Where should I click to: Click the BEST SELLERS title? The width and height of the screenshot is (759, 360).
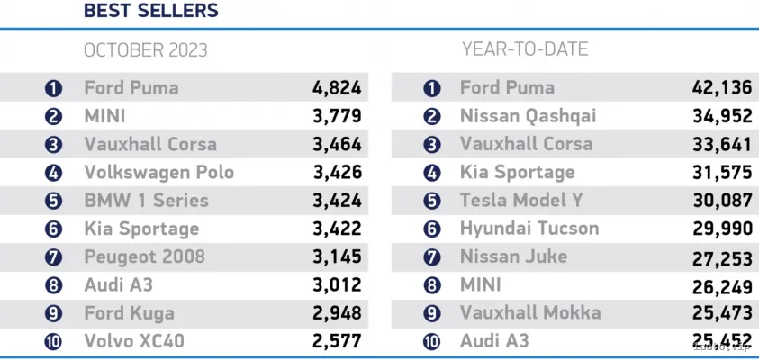[x=150, y=12]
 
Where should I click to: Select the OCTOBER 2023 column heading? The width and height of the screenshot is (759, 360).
[x=145, y=50]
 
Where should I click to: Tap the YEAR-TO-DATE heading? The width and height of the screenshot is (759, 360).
[x=524, y=49]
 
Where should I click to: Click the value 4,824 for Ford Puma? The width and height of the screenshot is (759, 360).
[x=337, y=88]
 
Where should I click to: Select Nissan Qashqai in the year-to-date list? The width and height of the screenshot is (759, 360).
[x=528, y=116]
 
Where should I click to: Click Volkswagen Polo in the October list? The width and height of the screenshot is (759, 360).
[x=158, y=173]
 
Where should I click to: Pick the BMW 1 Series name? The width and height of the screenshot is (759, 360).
[x=147, y=201]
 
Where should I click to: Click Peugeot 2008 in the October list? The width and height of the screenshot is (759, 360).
[x=144, y=256]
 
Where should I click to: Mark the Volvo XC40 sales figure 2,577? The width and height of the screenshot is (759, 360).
[x=337, y=341]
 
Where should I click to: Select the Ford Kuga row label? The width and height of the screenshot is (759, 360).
[x=129, y=313]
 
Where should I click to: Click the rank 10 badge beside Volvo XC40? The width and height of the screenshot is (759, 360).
[x=53, y=342]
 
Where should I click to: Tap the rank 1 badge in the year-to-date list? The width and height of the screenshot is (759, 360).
[x=432, y=89]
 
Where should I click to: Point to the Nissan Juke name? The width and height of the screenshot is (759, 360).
[x=513, y=256]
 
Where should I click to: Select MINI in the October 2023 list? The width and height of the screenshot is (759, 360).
[x=106, y=116]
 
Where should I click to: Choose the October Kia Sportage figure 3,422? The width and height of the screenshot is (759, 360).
[x=337, y=229]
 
